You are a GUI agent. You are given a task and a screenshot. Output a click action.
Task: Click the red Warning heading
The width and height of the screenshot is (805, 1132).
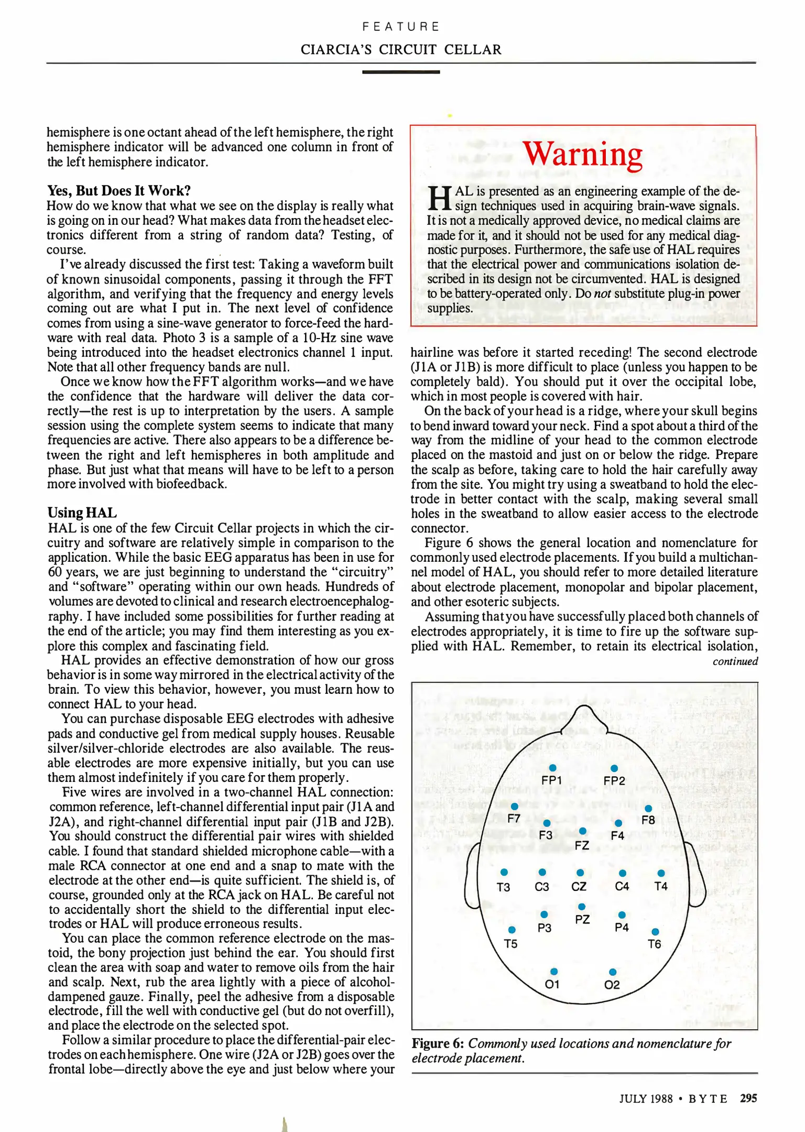point(582,155)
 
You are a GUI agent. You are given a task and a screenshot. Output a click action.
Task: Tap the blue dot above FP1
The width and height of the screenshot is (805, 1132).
point(552,768)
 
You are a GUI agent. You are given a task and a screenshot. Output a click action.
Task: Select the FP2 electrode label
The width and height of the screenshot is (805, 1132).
point(614,781)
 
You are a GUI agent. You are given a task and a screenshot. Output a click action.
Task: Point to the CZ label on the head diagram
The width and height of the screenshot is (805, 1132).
point(579,886)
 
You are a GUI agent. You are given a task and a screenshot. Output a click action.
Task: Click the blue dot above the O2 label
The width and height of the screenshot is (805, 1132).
point(613,972)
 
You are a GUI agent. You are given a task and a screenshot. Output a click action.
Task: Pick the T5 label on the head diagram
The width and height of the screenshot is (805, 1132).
point(510,944)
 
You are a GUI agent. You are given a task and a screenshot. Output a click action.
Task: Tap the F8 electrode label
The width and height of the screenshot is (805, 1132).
point(648,820)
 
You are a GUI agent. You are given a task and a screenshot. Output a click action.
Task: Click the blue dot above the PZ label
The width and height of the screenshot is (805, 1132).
point(582,907)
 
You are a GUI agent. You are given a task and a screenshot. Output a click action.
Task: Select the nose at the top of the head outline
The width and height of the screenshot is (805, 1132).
point(584,717)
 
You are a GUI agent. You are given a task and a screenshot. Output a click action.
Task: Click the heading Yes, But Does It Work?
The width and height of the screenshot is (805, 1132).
point(119,190)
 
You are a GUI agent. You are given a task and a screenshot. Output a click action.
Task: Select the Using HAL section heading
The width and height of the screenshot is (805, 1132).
point(82,513)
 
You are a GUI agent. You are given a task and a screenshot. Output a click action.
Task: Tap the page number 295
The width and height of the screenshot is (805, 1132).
point(748,1098)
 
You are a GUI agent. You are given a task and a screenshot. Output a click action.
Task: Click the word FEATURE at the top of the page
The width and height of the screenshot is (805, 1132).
point(401,26)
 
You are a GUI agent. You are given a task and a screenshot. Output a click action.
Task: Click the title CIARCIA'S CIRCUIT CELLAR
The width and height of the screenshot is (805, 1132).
point(401,50)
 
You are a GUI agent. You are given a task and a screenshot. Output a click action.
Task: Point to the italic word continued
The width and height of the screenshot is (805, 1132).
point(735,661)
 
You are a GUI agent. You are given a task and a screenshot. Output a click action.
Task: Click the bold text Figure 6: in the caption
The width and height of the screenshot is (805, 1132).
point(438,1043)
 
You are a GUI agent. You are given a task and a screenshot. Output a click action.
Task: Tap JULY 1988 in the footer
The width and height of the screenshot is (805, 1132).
point(646,1099)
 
